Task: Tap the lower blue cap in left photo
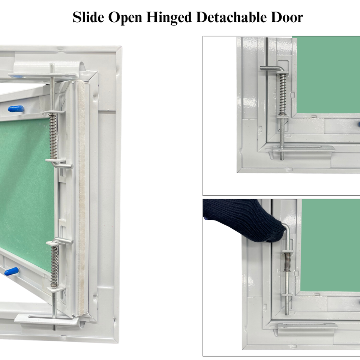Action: (12, 271)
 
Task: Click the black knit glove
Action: (244, 219)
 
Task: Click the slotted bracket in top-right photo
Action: (300, 149)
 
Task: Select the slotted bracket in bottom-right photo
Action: (307, 325)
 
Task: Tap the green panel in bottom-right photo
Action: (330, 244)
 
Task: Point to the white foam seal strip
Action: (81, 195)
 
